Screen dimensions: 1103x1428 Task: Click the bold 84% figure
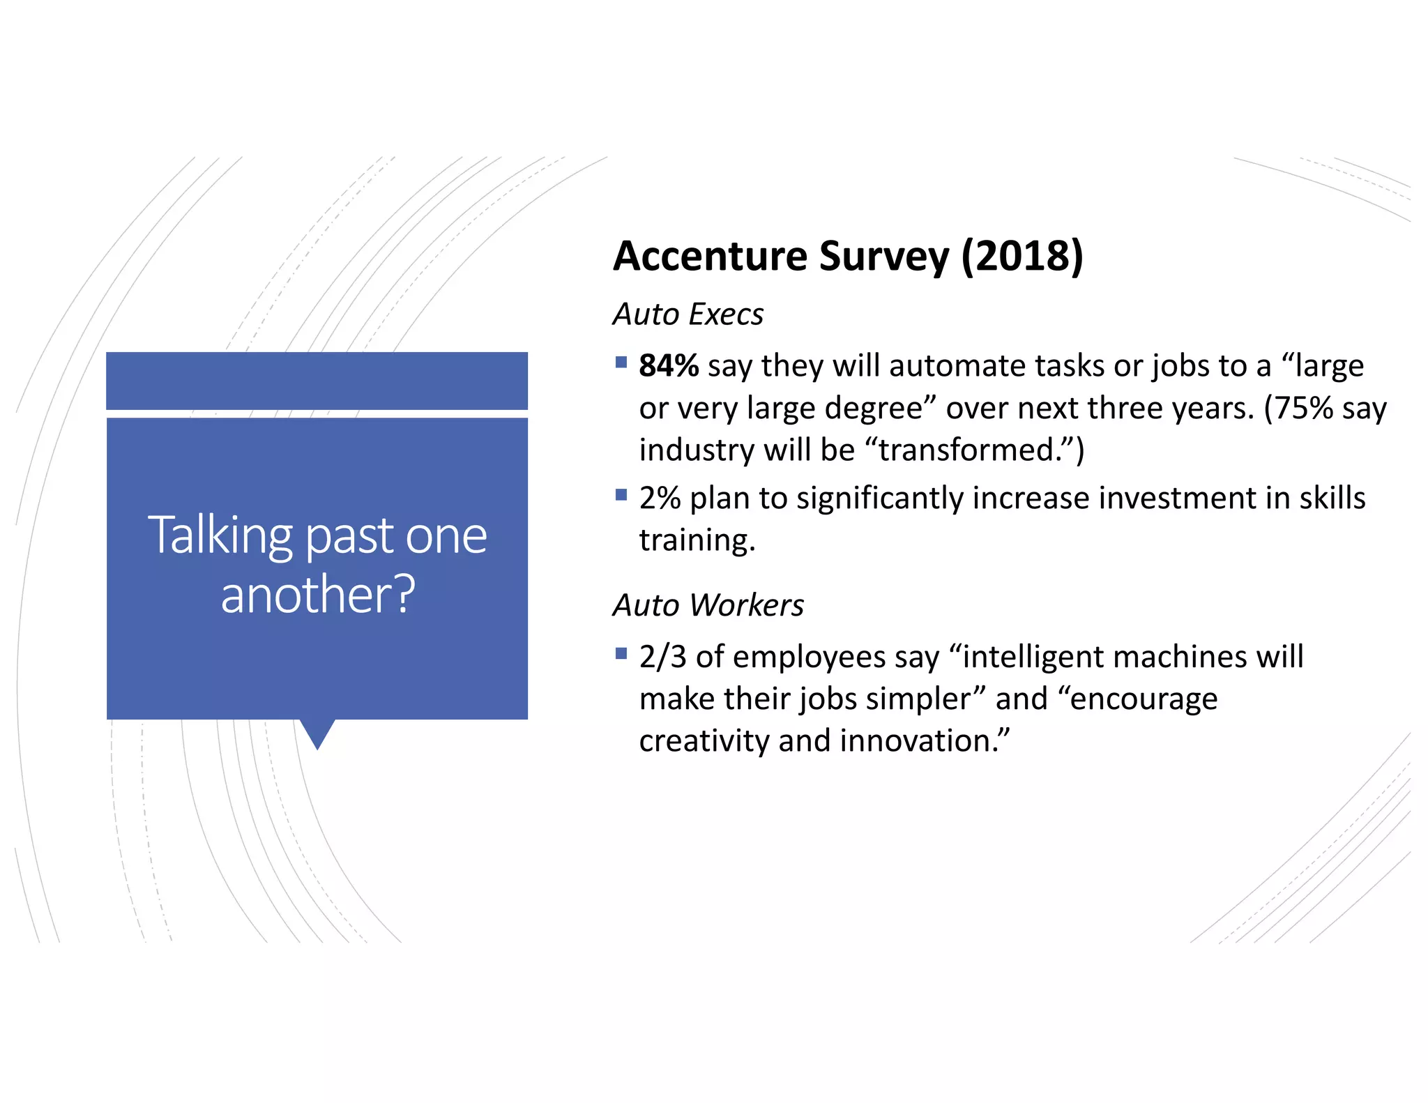pyautogui.click(x=668, y=366)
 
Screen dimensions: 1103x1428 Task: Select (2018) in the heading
pyautogui.click(x=1021, y=256)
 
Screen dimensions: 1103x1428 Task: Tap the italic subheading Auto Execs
pyautogui.click(x=688, y=314)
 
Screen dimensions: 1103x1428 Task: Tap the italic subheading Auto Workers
pyautogui.click(x=708, y=605)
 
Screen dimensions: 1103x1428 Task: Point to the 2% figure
pyautogui.click(x=660, y=499)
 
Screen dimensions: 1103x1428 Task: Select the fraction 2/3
pyautogui.click(x=662, y=657)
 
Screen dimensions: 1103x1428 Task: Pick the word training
pyautogui.click(x=697, y=540)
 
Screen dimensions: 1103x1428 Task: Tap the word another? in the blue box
pyautogui.click(x=318, y=594)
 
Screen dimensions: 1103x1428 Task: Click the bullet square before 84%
pyautogui.click(x=621, y=362)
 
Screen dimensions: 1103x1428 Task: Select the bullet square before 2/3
pyautogui.click(x=621, y=653)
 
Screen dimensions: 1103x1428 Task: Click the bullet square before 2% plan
pyautogui.click(x=621, y=495)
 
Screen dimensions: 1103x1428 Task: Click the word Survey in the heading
pyautogui.click(x=883, y=256)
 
